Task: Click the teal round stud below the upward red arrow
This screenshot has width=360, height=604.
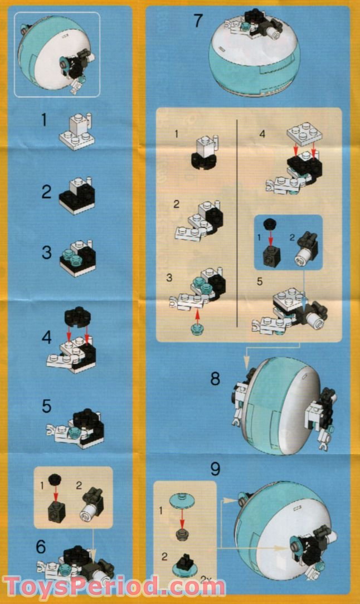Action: (x=196, y=329)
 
